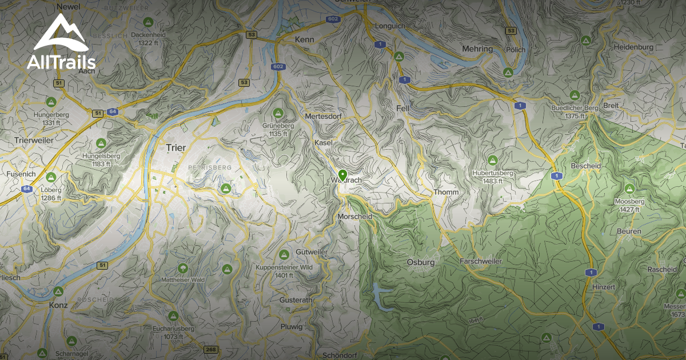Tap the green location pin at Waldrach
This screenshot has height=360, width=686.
coord(342,175)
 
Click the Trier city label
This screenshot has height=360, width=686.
coord(176,147)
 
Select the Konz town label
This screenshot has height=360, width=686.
coord(58,305)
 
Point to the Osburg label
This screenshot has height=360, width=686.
coord(420,262)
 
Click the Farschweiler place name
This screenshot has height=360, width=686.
coord(481,261)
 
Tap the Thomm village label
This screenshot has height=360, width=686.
coord(446,192)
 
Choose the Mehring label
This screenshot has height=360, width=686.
coord(477,49)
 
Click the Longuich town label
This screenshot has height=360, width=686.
coord(389,26)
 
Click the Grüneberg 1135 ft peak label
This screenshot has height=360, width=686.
coord(278,130)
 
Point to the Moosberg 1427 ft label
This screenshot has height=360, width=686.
coord(629,205)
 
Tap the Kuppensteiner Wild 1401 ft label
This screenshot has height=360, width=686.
coord(284,271)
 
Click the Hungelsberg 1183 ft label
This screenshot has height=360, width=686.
coord(101,159)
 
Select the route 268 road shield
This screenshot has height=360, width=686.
coord(211,350)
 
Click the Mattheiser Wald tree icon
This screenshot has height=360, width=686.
coord(183,267)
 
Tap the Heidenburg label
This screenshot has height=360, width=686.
coord(633,47)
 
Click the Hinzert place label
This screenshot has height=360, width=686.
coord(604,287)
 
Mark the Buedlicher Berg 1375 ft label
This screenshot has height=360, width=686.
coord(575,112)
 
